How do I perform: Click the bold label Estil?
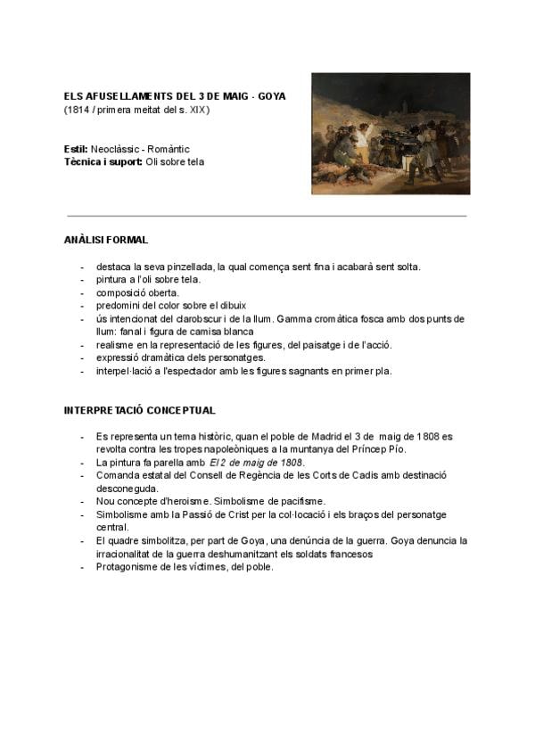[76, 149]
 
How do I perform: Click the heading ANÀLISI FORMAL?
[106, 241]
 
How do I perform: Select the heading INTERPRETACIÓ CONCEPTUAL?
[139, 410]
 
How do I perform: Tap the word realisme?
[115, 344]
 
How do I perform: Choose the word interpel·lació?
[125, 370]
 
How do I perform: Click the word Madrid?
[329, 437]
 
